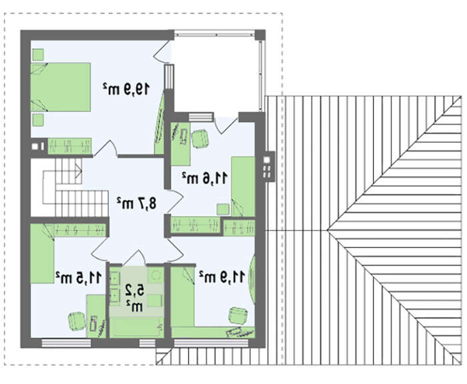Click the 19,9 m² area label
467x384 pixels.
click(x=126, y=89)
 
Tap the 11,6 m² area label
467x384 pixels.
click(x=205, y=178)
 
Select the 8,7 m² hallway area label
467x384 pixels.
click(x=136, y=203)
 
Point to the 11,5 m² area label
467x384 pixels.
click(x=79, y=277)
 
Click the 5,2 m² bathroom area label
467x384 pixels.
click(x=134, y=298)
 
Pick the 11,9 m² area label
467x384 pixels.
click(x=222, y=277)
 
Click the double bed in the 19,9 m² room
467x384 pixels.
click(x=61, y=87)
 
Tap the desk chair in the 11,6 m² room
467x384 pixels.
click(x=200, y=139)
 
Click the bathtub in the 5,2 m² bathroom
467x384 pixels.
click(x=135, y=327)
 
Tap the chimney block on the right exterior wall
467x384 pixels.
click(x=268, y=166)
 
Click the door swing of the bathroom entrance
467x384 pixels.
click(x=134, y=257)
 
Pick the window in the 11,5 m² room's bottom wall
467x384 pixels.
click(x=66, y=343)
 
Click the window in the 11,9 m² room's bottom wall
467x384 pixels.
click(x=211, y=343)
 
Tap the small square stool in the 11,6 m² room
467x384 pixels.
click(x=223, y=209)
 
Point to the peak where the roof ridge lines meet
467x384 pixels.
click(x=327, y=230)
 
